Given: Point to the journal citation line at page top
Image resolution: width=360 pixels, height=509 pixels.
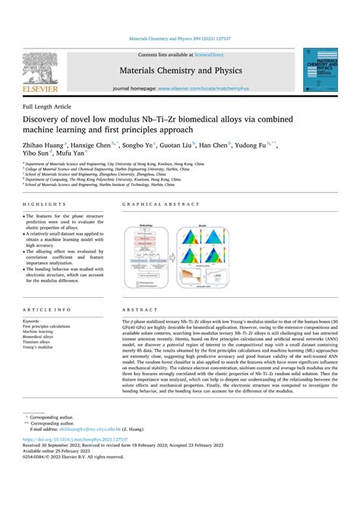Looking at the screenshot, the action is [x=180, y=40].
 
